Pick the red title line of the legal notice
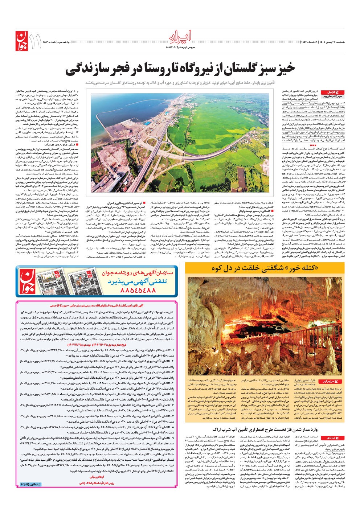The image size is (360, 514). coord(97,307)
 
